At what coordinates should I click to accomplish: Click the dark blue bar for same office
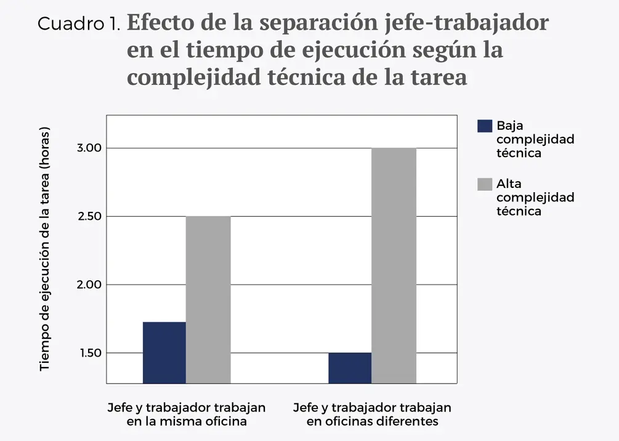(x=164, y=352)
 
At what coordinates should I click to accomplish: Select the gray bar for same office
(x=208, y=299)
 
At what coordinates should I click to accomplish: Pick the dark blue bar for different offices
(x=350, y=368)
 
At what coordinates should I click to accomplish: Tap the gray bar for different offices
(x=394, y=265)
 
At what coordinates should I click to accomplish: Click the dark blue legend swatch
(x=485, y=126)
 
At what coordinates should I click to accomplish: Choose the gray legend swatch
(x=485, y=184)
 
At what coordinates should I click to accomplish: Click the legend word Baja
(x=510, y=126)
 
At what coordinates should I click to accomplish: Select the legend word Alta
(x=509, y=184)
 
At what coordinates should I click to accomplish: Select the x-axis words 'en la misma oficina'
(x=187, y=422)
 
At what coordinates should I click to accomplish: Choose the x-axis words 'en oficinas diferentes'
(x=372, y=422)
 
